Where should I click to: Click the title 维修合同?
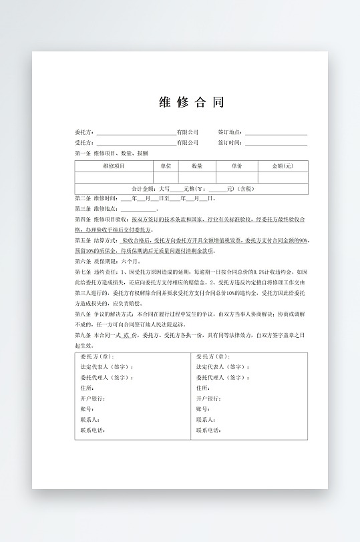pyautogui.click(x=191, y=102)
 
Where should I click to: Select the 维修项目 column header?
pyautogui.click(x=114, y=166)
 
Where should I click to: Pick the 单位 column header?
pyautogui.click(x=166, y=166)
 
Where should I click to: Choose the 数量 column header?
pyautogui.click(x=197, y=166)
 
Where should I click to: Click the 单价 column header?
pyautogui.click(x=237, y=166)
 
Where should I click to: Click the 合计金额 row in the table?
pyautogui.click(x=192, y=189)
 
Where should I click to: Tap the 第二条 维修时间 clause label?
pyautogui.click(x=96, y=198)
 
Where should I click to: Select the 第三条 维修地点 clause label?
pyautogui.click(x=96, y=208)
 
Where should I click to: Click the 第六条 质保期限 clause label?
pyautogui.click(x=96, y=261)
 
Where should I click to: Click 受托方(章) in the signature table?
pyautogui.click(x=212, y=357)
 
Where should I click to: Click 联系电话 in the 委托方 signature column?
pyautogui.click(x=93, y=430)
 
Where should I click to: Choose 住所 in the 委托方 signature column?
pyautogui.click(x=87, y=388)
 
